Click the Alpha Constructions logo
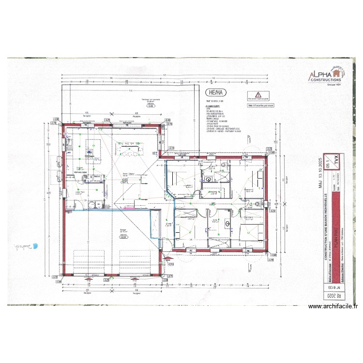326,75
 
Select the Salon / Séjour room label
128,174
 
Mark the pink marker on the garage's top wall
128,207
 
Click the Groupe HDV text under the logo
332,84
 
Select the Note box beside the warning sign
260,105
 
